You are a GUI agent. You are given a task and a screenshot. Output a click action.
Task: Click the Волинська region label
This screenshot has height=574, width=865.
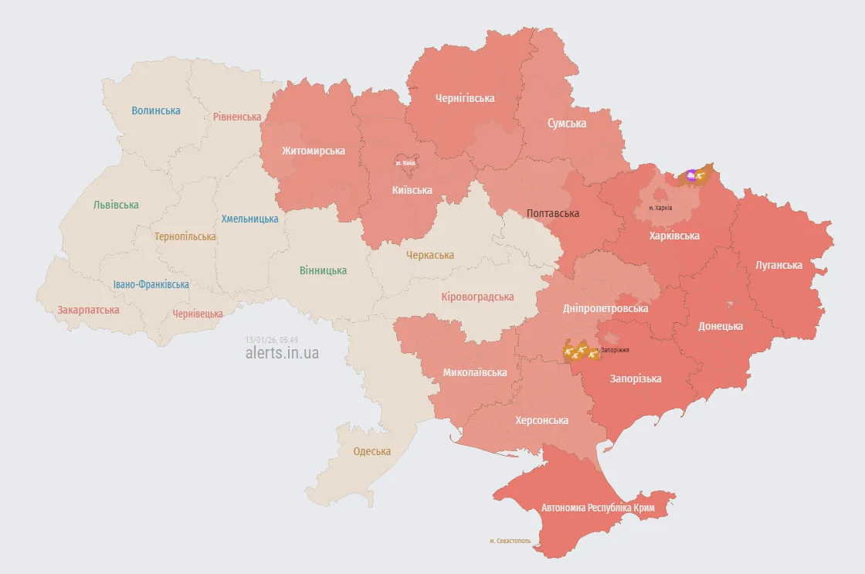tap(156, 110)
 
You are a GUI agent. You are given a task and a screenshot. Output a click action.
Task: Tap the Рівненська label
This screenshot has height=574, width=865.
tap(237, 117)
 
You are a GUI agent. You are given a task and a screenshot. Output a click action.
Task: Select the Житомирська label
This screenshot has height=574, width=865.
tap(313, 151)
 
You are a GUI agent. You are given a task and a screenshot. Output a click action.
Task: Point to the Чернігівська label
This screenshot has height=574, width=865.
tap(465, 98)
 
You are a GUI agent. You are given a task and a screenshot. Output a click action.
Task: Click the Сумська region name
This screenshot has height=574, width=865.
tap(567, 124)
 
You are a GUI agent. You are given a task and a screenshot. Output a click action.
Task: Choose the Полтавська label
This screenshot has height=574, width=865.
tap(552, 213)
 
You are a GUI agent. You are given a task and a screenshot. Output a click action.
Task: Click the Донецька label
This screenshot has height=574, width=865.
tap(721, 326)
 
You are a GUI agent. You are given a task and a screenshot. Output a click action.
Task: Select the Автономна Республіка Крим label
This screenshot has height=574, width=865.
tap(598, 508)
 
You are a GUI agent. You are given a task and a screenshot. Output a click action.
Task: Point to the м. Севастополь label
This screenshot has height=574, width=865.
tap(511, 541)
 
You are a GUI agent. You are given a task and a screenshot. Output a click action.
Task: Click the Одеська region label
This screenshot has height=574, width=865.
tap(372, 451)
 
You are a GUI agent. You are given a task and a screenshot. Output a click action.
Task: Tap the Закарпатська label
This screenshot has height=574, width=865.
tap(88, 311)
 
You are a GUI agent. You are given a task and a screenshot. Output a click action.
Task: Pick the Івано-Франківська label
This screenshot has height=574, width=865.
tap(151, 285)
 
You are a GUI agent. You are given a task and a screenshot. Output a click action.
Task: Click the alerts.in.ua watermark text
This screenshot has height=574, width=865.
tap(282, 353)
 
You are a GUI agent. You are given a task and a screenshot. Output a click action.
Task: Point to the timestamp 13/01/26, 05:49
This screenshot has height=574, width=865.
tap(271, 340)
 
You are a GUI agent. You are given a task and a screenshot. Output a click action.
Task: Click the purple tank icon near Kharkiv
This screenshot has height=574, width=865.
tap(690, 175)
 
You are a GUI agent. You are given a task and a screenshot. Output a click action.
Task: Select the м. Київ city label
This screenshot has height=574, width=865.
tap(405, 163)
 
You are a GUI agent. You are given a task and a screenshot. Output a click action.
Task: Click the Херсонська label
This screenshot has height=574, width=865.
tap(542, 420)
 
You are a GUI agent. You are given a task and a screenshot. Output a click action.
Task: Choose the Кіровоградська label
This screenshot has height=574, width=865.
tap(477, 297)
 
